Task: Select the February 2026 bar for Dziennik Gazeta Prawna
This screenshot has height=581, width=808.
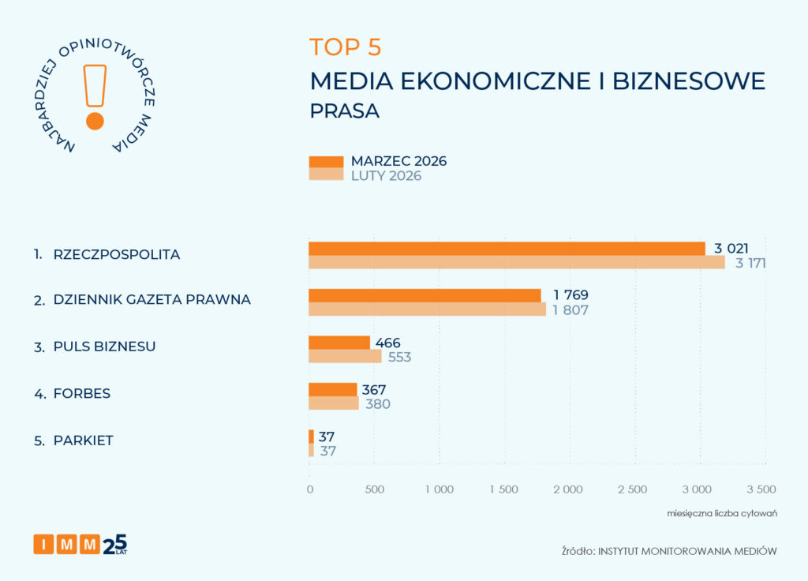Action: click(x=427, y=309)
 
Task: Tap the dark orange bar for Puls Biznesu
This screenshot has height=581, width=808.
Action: click(x=339, y=343)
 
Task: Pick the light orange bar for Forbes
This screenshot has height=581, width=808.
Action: click(x=334, y=403)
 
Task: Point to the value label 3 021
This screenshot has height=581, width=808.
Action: click(x=731, y=249)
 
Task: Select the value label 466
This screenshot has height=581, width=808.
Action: click(x=388, y=343)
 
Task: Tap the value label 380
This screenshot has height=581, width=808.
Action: click(x=377, y=404)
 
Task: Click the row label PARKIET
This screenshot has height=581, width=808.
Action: click(x=83, y=440)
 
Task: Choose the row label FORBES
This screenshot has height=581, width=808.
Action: click(x=81, y=393)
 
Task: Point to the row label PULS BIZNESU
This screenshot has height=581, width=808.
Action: click(x=104, y=347)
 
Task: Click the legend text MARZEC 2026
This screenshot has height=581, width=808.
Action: click(x=398, y=161)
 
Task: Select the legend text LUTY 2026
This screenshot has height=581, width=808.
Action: click(x=386, y=176)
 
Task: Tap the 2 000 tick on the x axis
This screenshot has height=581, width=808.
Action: click(x=568, y=489)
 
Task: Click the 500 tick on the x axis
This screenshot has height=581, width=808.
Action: click(x=374, y=489)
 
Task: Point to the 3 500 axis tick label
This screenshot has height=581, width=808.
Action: click(x=761, y=489)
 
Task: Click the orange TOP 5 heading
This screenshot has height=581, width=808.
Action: click(x=346, y=47)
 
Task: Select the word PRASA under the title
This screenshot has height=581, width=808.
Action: click(x=345, y=111)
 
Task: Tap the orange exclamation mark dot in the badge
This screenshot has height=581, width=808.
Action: click(x=95, y=121)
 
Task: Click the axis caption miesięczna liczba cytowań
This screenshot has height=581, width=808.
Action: click(x=722, y=514)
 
